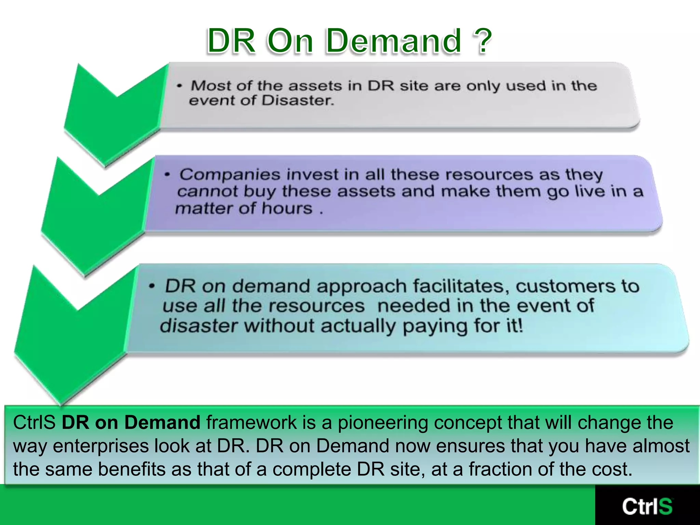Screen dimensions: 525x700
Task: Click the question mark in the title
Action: coord(481,41)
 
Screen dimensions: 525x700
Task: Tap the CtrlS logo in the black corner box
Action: coord(647,506)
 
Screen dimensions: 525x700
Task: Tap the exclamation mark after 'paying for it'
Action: coord(520,325)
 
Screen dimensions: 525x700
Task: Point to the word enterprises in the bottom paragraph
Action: coord(100,446)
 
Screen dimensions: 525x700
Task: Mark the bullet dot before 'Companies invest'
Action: coord(167,175)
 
